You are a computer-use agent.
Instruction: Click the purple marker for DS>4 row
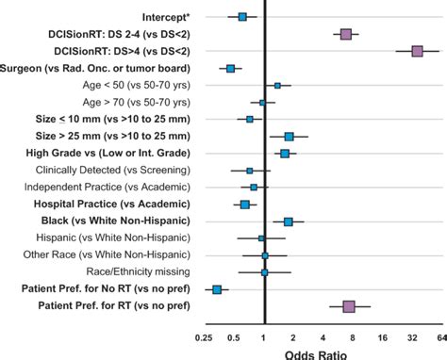(417, 51)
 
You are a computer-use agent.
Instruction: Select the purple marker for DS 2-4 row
(346, 34)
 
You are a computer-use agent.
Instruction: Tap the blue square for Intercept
(242, 17)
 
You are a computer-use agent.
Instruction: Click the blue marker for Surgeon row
(230, 68)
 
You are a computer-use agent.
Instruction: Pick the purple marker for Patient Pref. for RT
(349, 306)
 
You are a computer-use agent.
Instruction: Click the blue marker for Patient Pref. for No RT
(217, 289)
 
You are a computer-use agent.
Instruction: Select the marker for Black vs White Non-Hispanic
(288, 221)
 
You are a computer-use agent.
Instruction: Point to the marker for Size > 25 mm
(289, 137)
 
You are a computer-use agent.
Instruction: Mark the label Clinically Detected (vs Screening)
(112, 171)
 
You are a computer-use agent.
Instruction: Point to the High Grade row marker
(285, 154)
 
